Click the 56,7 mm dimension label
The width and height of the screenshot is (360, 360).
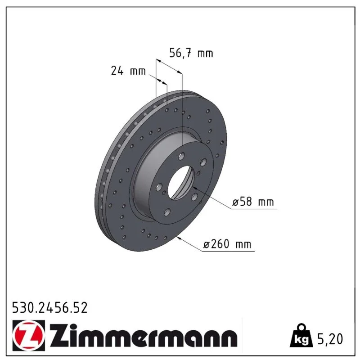(191, 53)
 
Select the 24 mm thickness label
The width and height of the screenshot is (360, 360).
(128, 71)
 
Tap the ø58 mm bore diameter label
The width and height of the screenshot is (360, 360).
(253, 202)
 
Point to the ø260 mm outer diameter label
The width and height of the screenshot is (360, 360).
(227, 244)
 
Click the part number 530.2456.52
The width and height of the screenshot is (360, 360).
(50, 308)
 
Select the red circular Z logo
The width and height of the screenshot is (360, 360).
(29, 335)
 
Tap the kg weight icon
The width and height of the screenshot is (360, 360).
(301, 336)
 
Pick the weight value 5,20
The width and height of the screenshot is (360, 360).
(330, 339)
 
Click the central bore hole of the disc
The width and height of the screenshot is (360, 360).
(181, 183)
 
